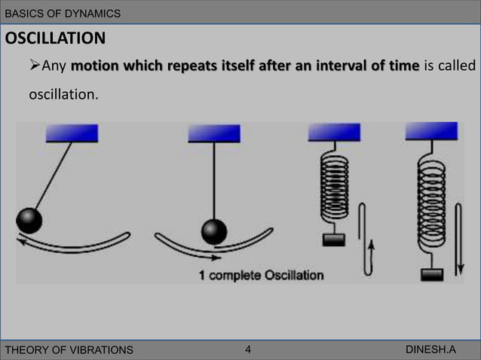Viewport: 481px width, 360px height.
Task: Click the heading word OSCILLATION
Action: click(x=56, y=38)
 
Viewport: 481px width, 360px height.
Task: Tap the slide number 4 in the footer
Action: click(x=249, y=349)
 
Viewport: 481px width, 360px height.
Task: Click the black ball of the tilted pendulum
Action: click(x=29, y=220)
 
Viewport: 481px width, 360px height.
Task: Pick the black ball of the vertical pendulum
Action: click(x=214, y=230)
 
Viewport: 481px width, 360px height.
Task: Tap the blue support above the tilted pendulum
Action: click(x=72, y=133)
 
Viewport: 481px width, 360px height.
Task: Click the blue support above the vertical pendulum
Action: click(x=214, y=133)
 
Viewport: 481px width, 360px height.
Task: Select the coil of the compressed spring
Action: click(x=334, y=188)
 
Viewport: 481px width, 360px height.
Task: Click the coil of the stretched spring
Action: click(x=432, y=214)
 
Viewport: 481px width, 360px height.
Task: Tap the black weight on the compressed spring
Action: click(x=333, y=239)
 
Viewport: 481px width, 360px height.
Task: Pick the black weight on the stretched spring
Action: click(x=432, y=273)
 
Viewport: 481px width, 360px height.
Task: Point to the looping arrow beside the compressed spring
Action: click(x=366, y=237)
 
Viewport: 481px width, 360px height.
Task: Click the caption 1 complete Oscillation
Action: click(x=261, y=275)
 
